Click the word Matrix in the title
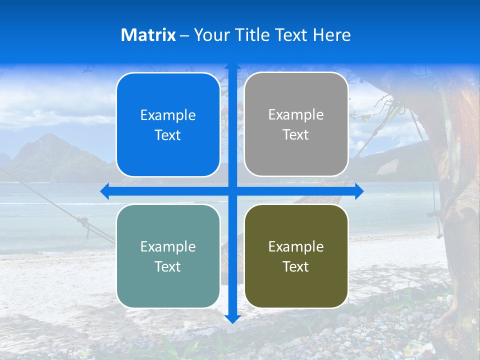click(x=148, y=35)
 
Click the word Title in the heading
click(x=253, y=35)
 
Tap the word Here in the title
click(x=331, y=35)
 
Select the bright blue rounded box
click(x=168, y=124)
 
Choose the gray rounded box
click(x=296, y=124)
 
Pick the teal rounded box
click(x=168, y=256)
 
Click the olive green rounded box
click(x=296, y=256)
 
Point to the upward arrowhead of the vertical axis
click(x=232, y=67)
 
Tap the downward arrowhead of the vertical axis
click(x=232, y=319)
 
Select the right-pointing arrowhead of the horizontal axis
click(x=359, y=191)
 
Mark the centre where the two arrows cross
click(x=232, y=191)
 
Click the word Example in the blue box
click(x=168, y=115)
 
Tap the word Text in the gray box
click(x=296, y=135)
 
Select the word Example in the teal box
click(x=168, y=246)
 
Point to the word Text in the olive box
click(x=296, y=266)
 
